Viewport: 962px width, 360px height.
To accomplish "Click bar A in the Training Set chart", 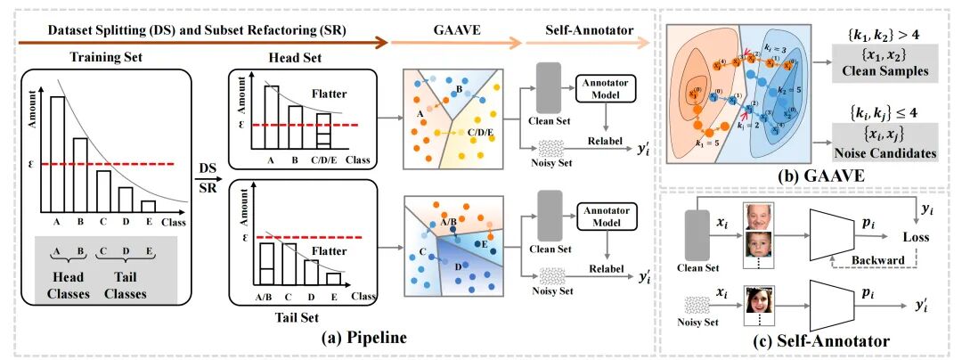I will coord(58,156).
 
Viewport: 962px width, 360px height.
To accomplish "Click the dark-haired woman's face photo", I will coord(758,301).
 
